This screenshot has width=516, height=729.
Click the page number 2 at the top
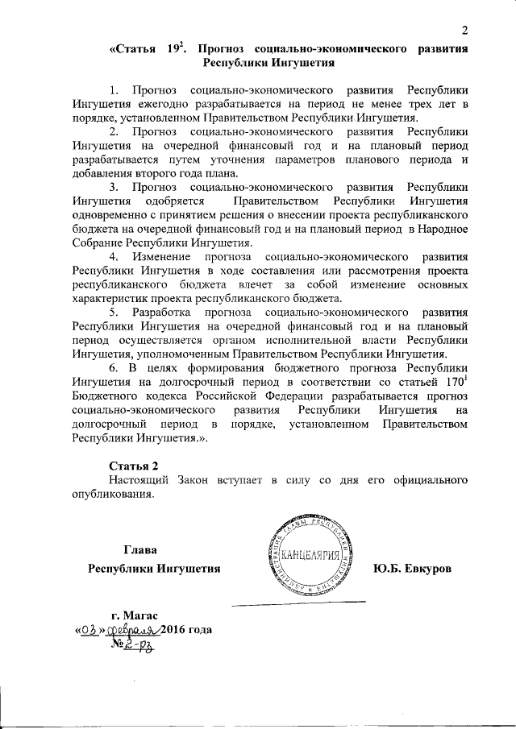[464, 30]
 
